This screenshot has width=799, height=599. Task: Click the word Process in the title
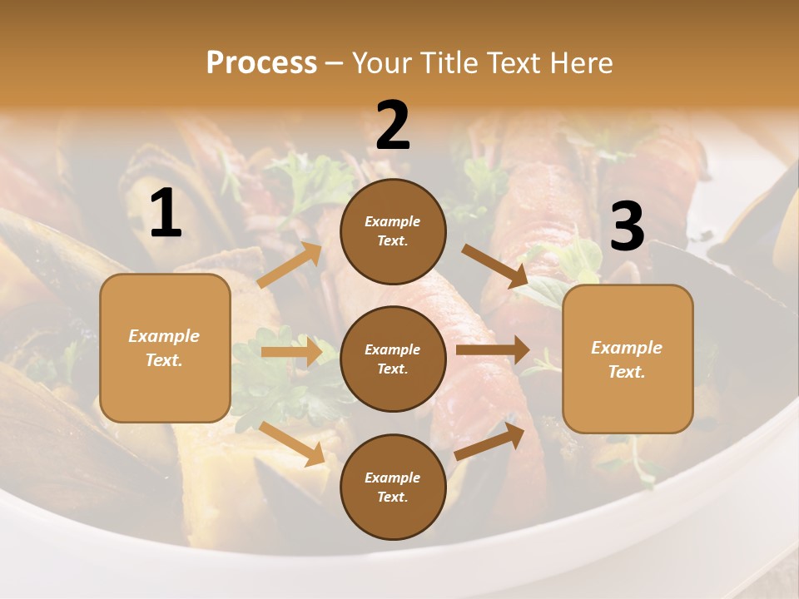point(261,63)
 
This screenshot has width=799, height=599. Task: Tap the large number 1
point(166,214)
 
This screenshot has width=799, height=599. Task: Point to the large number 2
point(393,126)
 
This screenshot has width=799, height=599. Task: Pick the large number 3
point(627,226)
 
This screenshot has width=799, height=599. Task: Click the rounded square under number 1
point(165,348)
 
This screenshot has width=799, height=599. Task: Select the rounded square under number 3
point(628,359)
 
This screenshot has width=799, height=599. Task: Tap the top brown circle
point(393,231)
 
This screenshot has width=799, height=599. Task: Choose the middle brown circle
point(393,359)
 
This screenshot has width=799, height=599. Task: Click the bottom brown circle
point(393,487)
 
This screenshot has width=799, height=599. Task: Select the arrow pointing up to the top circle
point(290,265)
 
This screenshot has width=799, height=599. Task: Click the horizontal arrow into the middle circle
point(291,352)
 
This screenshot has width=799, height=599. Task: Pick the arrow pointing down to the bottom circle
point(292,443)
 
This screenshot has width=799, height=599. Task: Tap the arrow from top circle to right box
point(495,265)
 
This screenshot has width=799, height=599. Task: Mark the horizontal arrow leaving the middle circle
point(492,350)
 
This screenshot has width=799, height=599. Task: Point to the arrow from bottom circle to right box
point(489,441)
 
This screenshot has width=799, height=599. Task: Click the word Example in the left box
point(164,336)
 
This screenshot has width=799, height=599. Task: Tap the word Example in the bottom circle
point(393,478)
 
